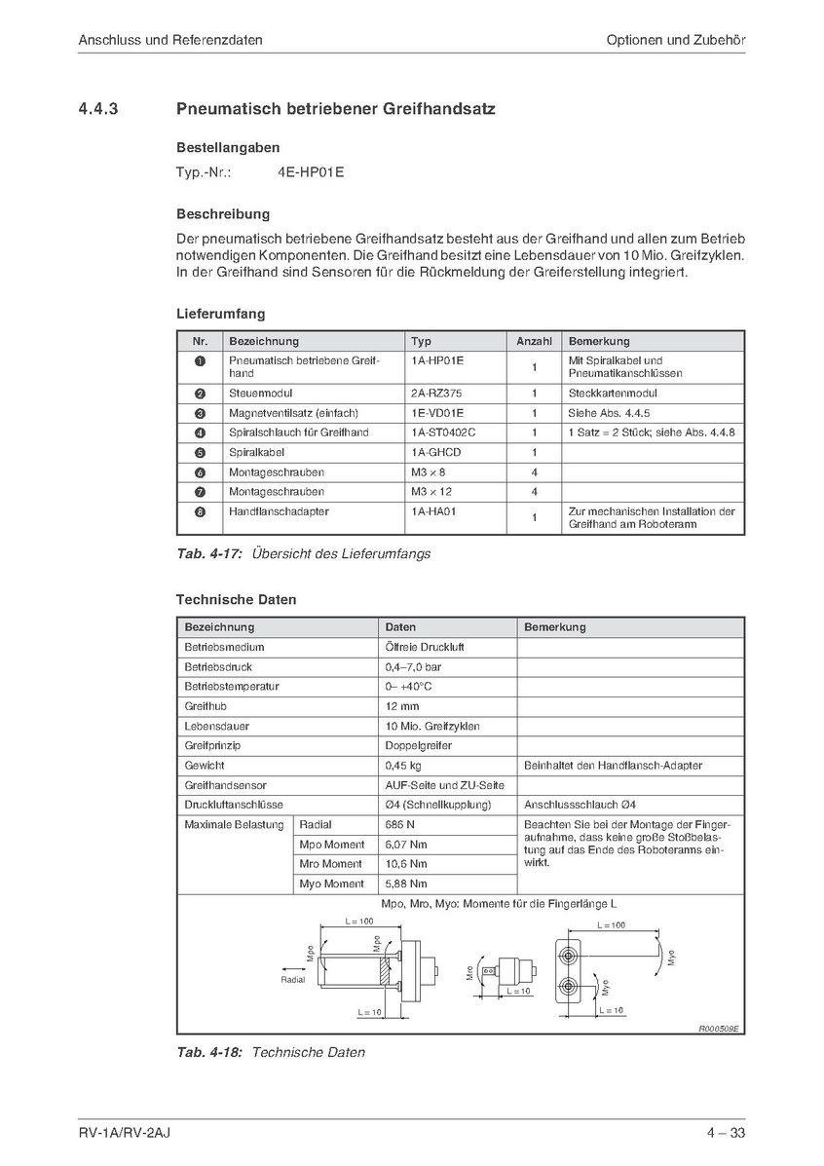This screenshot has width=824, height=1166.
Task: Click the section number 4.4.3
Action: pos(98,109)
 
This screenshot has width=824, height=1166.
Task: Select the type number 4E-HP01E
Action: pos(311,172)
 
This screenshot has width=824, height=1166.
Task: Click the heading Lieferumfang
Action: pos(220,315)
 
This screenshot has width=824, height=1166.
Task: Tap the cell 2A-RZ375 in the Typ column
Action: pos(437,394)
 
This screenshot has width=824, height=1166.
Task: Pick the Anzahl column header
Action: pos(534,342)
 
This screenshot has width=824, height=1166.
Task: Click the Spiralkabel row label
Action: pos(257,452)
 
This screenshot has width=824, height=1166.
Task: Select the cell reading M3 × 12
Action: pos(431,492)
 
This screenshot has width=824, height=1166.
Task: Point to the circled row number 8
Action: pos(200,511)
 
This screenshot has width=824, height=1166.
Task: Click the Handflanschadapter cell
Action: pos(279,511)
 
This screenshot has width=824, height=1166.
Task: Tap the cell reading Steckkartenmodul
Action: pos(613,394)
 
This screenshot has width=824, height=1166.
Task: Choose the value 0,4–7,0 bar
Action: pos(413,667)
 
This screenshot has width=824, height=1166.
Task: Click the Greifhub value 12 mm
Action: pos(402,706)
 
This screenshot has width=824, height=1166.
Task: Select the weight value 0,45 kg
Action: pos(403,766)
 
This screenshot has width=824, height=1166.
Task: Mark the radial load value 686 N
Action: pos(400,825)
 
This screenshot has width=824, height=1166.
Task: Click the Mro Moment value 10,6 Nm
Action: pos(406,864)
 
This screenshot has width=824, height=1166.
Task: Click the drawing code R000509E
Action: pos(719,1028)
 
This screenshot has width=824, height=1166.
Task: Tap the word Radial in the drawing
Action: pos(292,980)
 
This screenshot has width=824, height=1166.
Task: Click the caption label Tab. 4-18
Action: pos(209,1052)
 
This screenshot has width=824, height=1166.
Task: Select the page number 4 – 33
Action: pos(727,1132)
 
